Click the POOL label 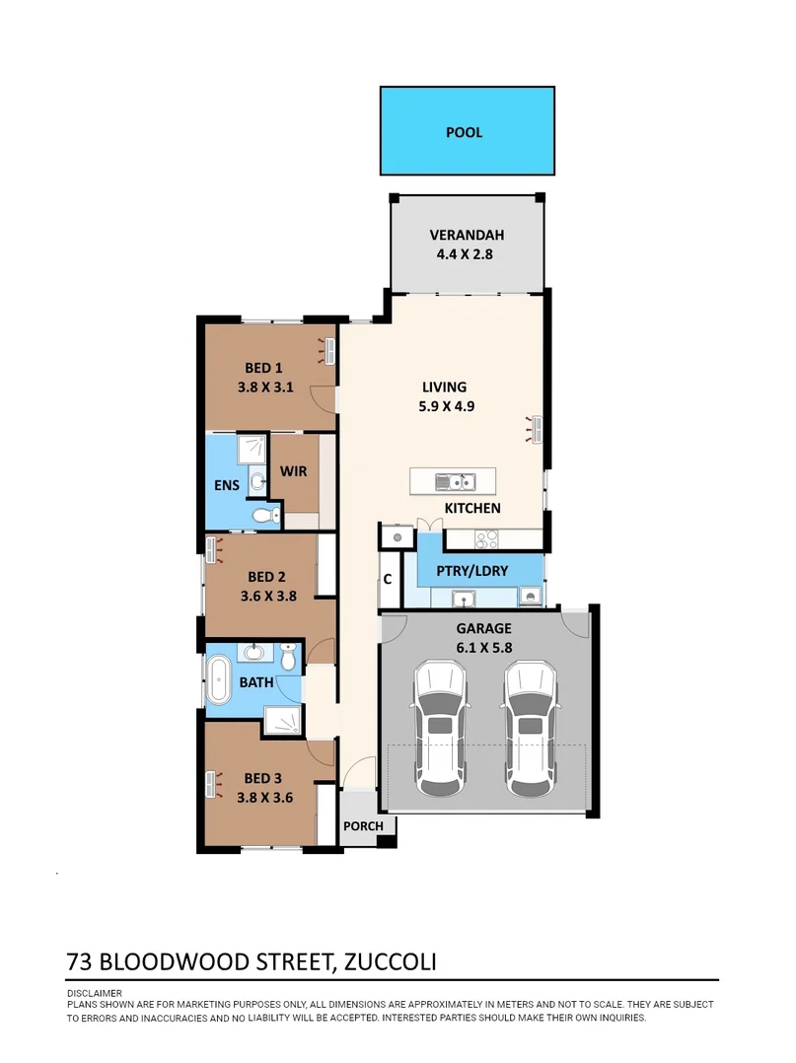point(464,132)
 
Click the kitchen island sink point(456,482)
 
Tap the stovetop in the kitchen point(487,538)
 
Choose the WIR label point(294,471)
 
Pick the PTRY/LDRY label point(479,572)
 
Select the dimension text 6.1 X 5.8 point(483,648)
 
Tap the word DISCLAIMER point(95,993)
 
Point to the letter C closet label point(388,579)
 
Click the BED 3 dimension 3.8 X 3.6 point(265,799)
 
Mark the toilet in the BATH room point(288,656)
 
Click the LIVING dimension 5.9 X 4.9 point(444,404)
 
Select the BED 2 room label point(266,577)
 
